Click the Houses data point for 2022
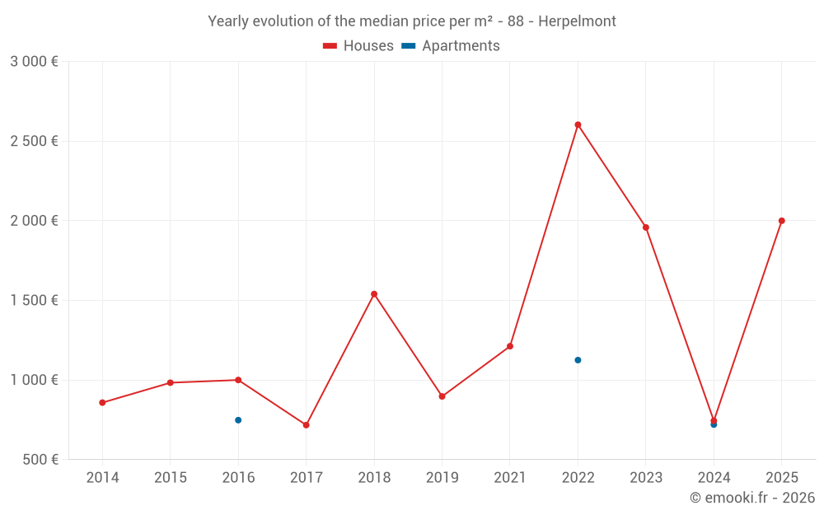[x=578, y=124]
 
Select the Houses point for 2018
[x=374, y=293]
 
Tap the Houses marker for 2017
[x=306, y=425]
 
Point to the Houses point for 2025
[x=781, y=221]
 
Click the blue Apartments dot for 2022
[x=578, y=360]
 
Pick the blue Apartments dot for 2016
[x=238, y=420]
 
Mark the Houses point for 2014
[x=102, y=403]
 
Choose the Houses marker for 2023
[x=646, y=227]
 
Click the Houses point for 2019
[x=442, y=396]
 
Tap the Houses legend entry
[x=358, y=46]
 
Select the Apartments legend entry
[x=451, y=46]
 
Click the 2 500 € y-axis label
[x=35, y=141]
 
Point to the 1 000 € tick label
[x=35, y=380]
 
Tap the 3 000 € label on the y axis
[x=35, y=62]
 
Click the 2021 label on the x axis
[x=510, y=478]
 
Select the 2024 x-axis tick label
[x=714, y=478]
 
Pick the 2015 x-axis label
[x=171, y=478]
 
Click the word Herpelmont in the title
[x=577, y=21]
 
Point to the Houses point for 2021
[x=510, y=346]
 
